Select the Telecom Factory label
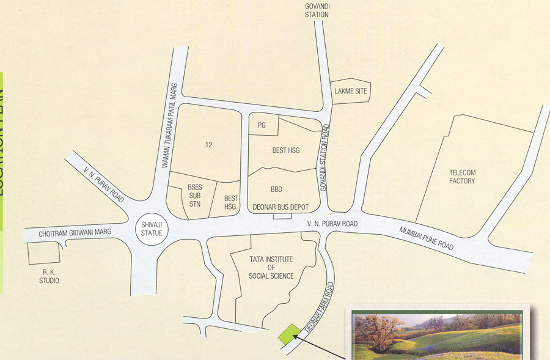pyautogui.click(x=462, y=177)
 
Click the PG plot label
pyautogui.click(x=262, y=125)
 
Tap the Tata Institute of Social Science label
pyautogui.click(x=271, y=268)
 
